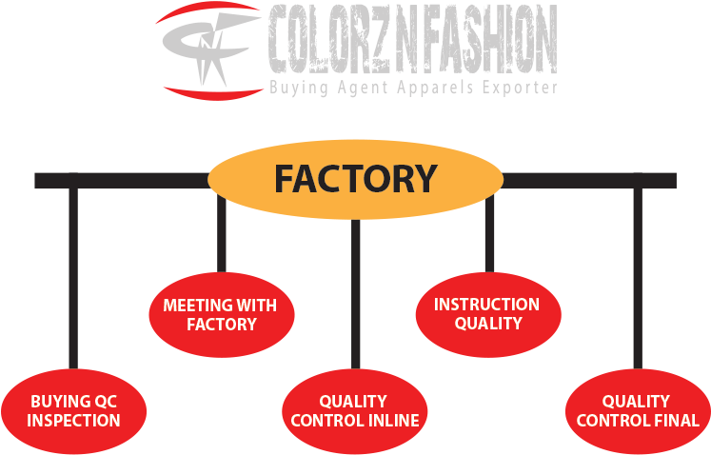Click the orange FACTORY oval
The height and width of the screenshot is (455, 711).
[x=355, y=179]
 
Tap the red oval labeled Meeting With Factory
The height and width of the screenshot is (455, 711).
[x=222, y=315]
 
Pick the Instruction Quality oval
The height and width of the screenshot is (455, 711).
[x=487, y=314]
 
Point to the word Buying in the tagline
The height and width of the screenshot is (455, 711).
[x=298, y=89]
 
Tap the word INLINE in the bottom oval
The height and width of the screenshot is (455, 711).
[x=392, y=421]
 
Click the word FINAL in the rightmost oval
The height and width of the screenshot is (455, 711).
[x=677, y=421]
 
